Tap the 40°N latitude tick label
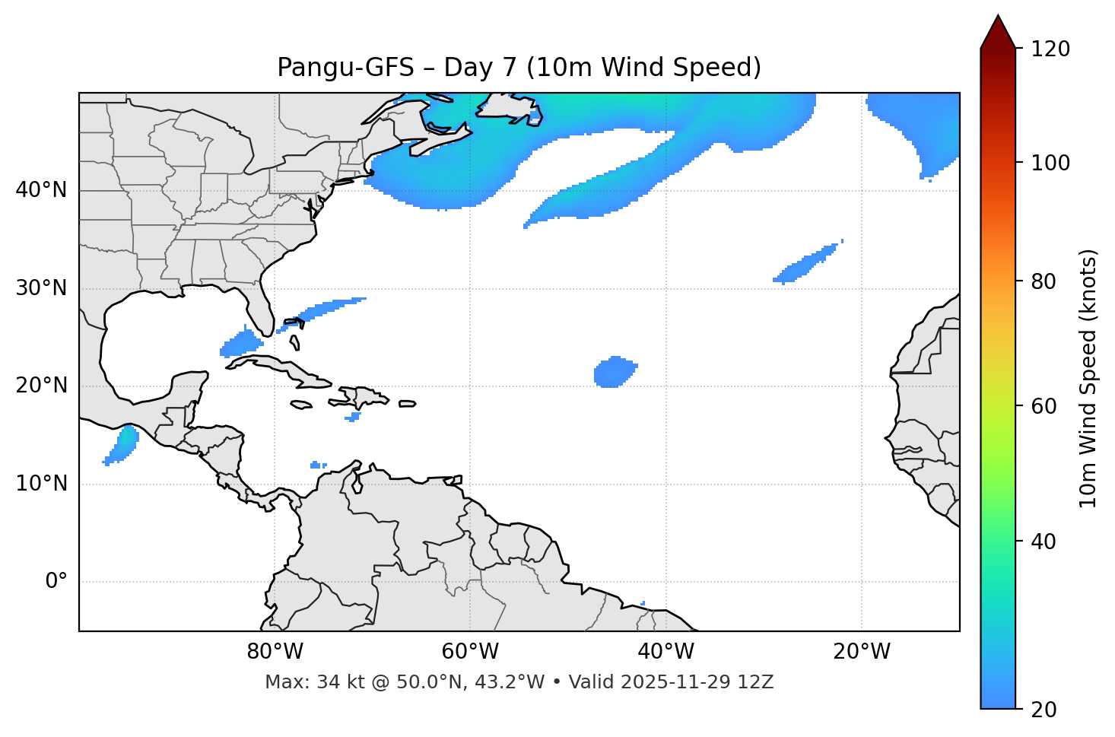41,190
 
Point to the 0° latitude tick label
56,582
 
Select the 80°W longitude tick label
275,652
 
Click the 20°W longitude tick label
862,652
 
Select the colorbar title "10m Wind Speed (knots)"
1088,378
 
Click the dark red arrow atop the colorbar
998,32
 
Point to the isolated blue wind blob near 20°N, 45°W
614,372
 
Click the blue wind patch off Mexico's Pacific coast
122,446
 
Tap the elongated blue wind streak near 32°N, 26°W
806,264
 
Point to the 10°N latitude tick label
41,484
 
